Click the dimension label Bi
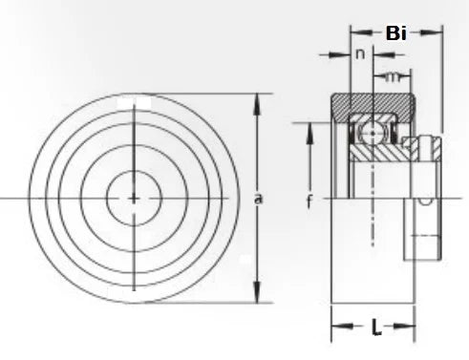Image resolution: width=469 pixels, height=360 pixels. (395, 33)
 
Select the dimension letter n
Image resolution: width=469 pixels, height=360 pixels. (360, 54)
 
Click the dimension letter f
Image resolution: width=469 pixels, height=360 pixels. (309, 201)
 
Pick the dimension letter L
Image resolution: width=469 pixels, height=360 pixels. (376, 329)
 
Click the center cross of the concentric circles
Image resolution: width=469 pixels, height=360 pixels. (134, 198)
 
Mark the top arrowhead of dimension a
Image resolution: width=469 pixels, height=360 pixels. (257, 99)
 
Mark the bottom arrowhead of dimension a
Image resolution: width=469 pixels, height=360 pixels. (257, 296)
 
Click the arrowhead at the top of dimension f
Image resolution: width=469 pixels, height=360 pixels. (309, 128)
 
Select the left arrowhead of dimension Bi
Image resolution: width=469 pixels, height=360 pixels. (354, 32)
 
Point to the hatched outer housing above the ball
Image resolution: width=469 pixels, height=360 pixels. (373, 105)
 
